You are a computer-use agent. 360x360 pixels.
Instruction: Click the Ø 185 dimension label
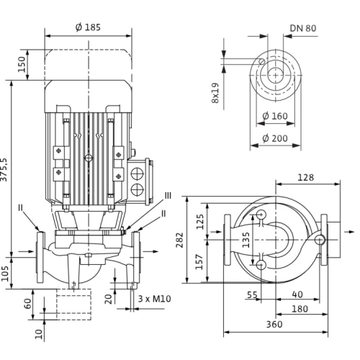click(x=88, y=27)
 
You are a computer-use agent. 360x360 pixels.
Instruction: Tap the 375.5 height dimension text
click(x=4, y=170)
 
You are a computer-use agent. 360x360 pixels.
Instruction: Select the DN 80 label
click(x=303, y=28)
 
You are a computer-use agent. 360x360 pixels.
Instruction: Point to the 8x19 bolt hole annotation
click(x=215, y=93)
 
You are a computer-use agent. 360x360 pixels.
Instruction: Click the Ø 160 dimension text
click(x=275, y=116)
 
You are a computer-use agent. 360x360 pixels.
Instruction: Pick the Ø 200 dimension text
click(x=275, y=138)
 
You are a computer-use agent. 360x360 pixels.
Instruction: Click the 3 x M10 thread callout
click(x=154, y=299)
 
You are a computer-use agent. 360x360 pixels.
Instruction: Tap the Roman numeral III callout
click(x=168, y=196)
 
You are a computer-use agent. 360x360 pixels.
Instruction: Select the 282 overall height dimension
click(x=179, y=240)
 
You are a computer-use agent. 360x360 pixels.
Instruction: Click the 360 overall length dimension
click(x=274, y=325)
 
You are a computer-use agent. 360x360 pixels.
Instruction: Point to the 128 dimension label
click(x=305, y=178)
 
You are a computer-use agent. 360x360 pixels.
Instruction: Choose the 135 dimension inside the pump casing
click(x=246, y=240)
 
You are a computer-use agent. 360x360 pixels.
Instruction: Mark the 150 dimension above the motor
click(x=22, y=64)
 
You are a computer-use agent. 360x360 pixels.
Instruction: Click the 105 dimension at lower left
click(x=5, y=274)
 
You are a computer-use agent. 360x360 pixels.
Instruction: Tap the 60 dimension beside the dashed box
click(x=28, y=304)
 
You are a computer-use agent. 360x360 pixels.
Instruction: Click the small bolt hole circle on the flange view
click(x=261, y=61)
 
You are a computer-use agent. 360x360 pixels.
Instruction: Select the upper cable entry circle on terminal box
click(x=137, y=173)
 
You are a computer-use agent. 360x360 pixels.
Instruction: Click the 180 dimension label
click(x=300, y=309)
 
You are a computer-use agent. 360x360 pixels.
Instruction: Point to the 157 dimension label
click(x=199, y=262)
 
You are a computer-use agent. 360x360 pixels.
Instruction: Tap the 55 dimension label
click(x=252, y=294)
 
